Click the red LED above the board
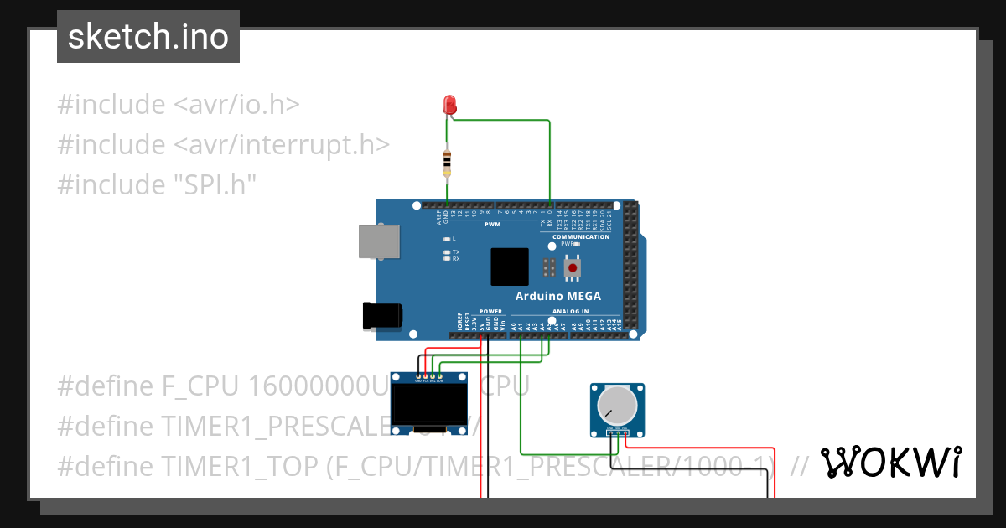click(x=450, y=105)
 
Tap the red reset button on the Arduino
click(x=573, y=268)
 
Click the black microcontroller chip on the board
click(x=510, y=267)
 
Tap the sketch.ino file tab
click(x=148, y=37)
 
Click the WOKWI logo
click(x=890, y=463)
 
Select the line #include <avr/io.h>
click(x=179, y=105)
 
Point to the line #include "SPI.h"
click(x=156, y=184)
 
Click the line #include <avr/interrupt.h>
click(x=224, y=144)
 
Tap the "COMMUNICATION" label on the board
click(x=581, y=236)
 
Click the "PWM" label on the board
click(x=492, y=225)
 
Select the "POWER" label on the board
click(x=491, y=311)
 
